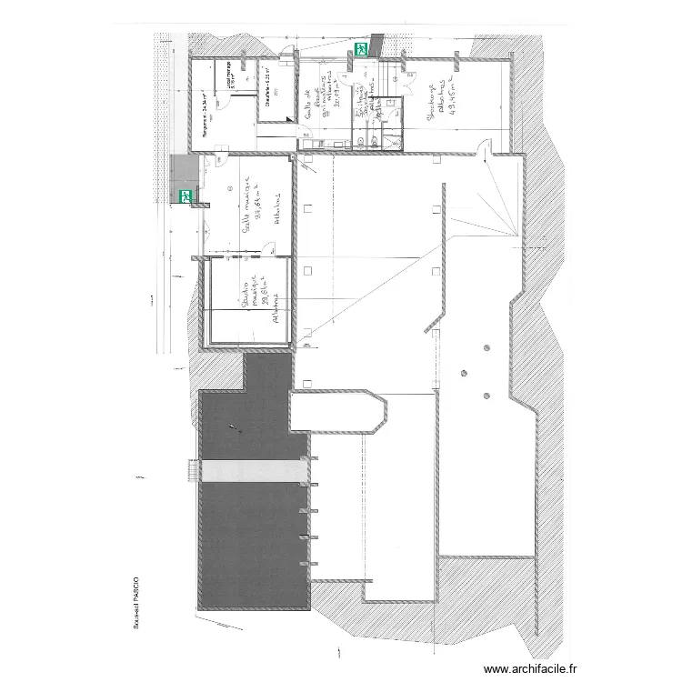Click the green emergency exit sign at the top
coord(361,49)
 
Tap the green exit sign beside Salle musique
coord(186,195)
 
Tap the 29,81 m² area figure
coord(266,300)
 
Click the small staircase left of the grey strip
coord(191,471)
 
